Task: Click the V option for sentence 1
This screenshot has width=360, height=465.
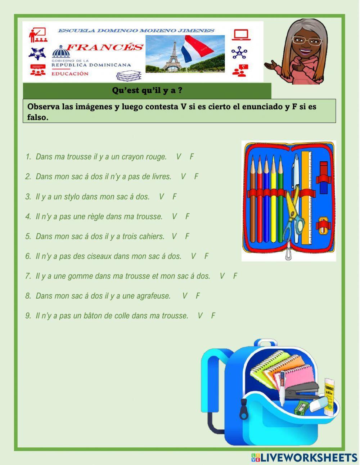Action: coord(179,157)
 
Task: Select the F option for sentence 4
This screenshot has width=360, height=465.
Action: coord(187,216)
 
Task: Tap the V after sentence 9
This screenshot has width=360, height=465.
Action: coord(200,316)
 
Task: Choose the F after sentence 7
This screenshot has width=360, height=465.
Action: coord(235,276)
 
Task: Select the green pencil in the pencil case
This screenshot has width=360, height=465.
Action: coord(280,198)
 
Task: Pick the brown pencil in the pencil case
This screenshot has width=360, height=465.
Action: coord(253,198)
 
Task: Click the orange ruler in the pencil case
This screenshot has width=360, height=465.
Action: coord(306,198)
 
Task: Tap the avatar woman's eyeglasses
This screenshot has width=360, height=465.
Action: coord(307,40)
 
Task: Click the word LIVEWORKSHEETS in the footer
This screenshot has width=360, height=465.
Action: coord(309,457)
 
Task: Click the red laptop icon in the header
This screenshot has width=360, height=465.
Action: coord(241,35)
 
